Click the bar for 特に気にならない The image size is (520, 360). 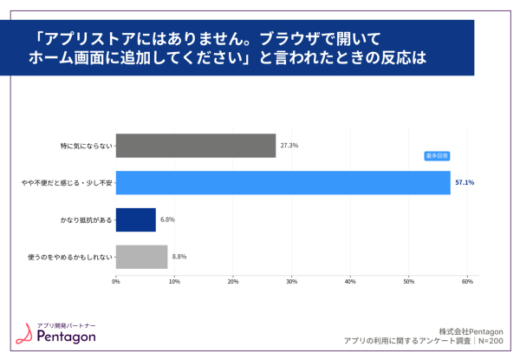click(195, 146)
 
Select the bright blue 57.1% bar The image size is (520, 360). click(283, 183)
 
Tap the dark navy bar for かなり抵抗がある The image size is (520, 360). click(135, 219)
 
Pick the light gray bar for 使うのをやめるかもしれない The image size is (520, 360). click(141, 257)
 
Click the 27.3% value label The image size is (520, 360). click(289, 146)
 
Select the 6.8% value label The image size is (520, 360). click(168, 219)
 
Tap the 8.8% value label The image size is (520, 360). click(179, 257)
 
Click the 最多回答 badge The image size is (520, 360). click(436, 156)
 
